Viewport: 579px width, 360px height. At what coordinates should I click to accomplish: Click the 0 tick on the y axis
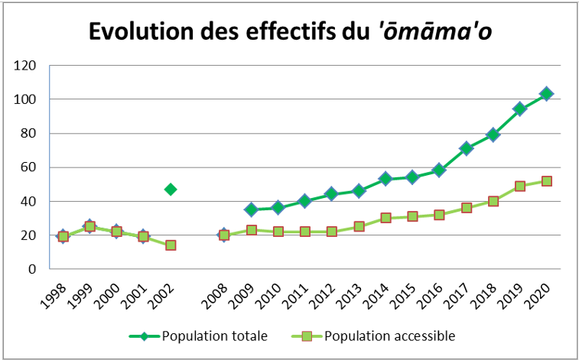pos(33,269)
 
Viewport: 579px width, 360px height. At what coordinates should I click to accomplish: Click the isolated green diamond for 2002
pos(171,189)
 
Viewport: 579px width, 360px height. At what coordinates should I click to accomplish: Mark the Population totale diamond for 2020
pos(547,94)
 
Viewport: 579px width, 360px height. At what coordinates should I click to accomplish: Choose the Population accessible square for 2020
pos(547,181)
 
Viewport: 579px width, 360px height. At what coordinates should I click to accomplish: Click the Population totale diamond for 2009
pos(251,209)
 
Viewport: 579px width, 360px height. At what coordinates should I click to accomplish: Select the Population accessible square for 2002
pos(171,245)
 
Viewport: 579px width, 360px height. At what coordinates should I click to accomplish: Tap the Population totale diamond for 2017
pos(466,148)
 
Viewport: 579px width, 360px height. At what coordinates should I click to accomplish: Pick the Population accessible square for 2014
pos(385,218)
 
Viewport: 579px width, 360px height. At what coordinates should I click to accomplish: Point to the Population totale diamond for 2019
pos(520,109)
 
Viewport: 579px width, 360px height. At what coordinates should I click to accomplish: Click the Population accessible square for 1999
pos(90,226)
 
